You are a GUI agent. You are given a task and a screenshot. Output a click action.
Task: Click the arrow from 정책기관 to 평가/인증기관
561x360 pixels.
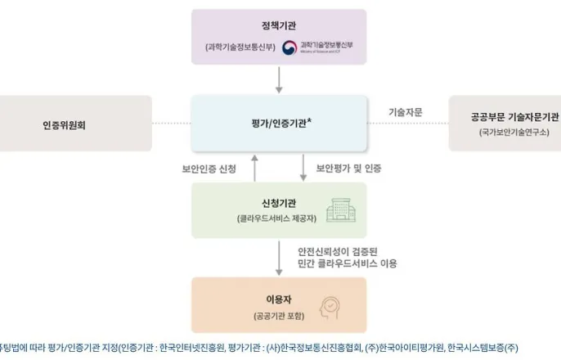tap(279, 79)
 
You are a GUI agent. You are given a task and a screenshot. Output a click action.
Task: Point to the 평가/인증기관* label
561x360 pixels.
tap(278, 123)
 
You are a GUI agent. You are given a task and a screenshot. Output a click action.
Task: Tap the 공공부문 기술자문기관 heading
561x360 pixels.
tap(504, 116)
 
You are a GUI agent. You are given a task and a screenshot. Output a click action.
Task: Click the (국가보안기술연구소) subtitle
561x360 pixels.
tap(504, 132)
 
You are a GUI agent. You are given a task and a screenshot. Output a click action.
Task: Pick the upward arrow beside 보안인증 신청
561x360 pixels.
tap(254, 168)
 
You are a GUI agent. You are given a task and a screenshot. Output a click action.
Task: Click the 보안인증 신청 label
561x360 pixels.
tap(209, 169)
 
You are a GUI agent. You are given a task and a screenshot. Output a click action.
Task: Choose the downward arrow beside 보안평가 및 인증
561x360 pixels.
tap(303, 168)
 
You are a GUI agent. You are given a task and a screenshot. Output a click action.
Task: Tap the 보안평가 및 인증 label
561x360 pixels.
tap(349, 169)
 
